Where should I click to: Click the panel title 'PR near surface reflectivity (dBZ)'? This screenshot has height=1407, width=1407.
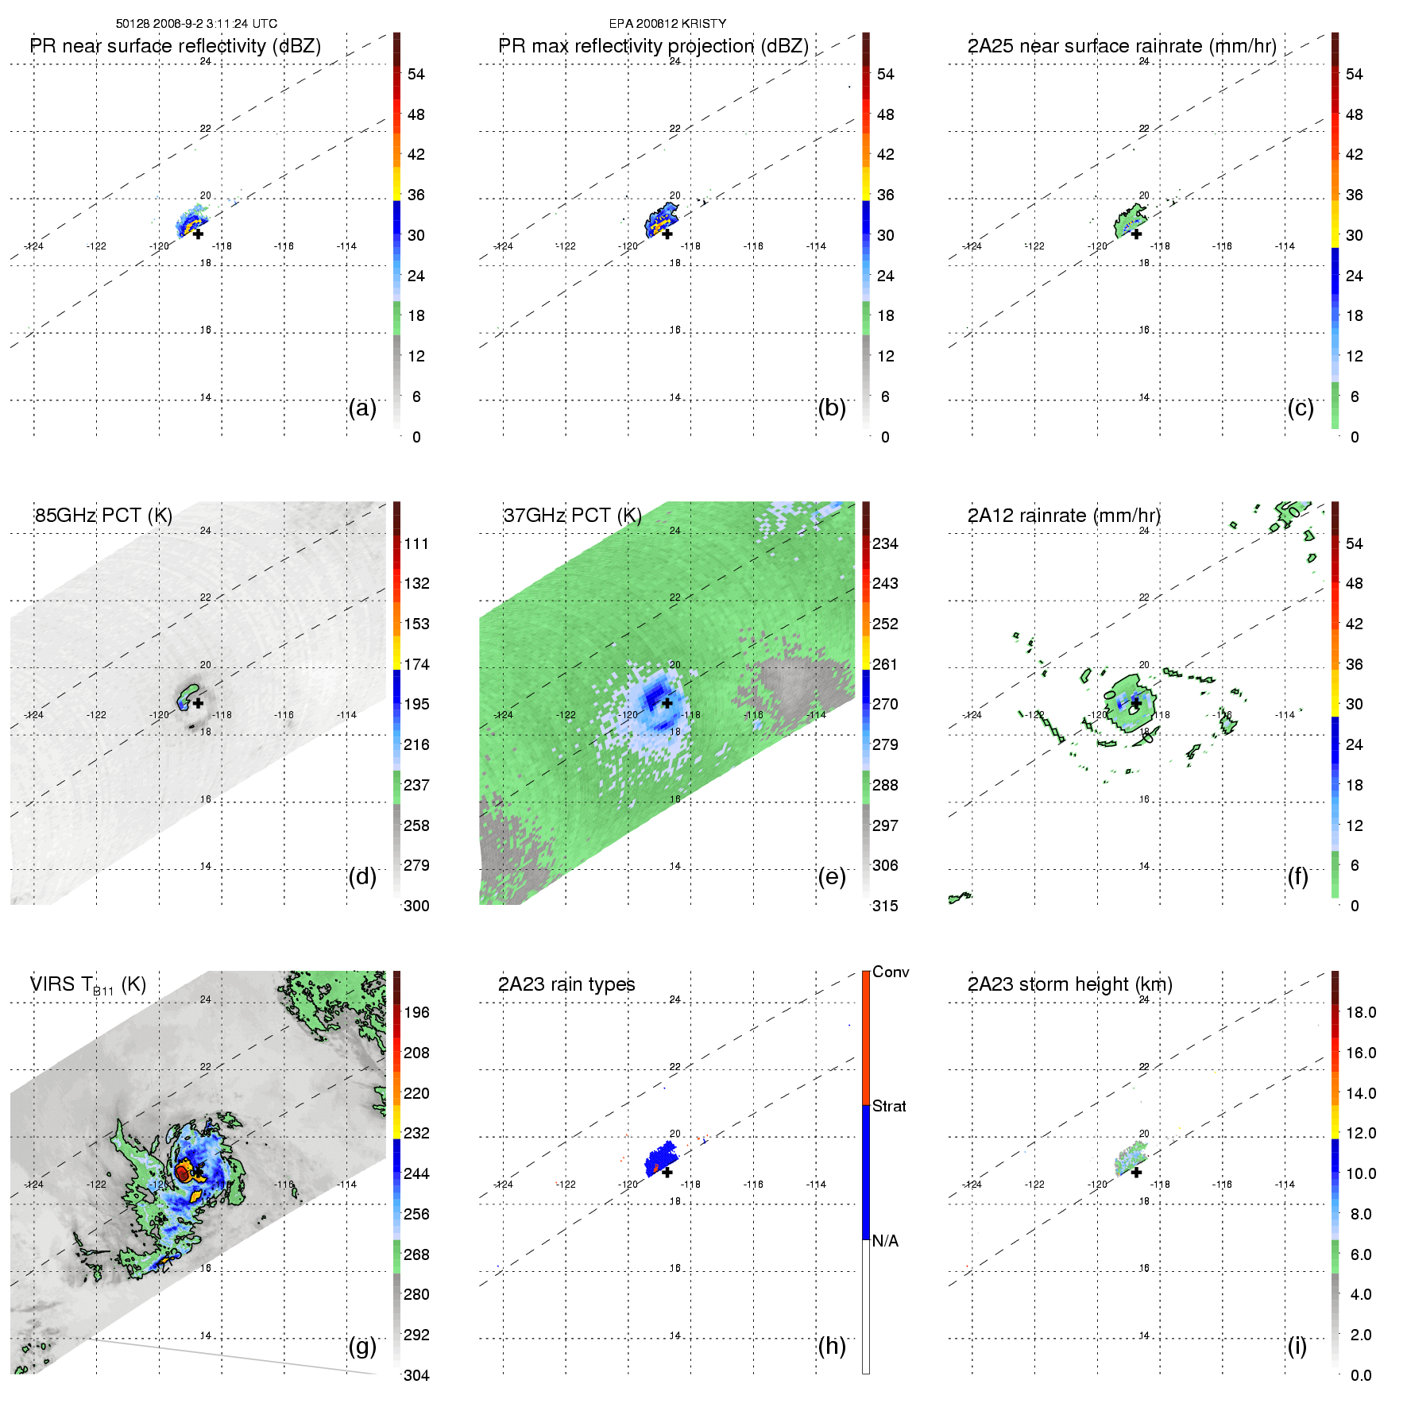pyautogui.click(x=175, y=46)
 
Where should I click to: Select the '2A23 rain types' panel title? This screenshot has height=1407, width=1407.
pyautogui.click(x=566, y=984)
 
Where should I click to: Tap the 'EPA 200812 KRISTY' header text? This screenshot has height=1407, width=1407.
pyautogui.click(x=667, y=24)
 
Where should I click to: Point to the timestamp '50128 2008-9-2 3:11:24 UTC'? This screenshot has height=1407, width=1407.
pyautogui.click(x=196, y=24)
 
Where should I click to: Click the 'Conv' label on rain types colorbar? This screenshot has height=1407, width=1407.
pyautogui.click(x=891, y=972)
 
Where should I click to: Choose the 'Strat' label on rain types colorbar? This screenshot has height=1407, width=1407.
pyautogui.click(x=889, y=1106)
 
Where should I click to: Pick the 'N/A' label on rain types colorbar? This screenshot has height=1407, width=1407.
pyautogui.click(x=885, y=1241)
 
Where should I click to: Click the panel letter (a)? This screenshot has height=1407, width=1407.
pyautogui.click(x=362, y=408)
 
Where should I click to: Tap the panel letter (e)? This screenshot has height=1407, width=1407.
pyautogui.click(x=832, y=877)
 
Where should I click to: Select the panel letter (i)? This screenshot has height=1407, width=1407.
pyautogui.click(x=1297, y=1346)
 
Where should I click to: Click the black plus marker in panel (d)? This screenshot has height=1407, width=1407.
pyautogui.click(x=198, y=703)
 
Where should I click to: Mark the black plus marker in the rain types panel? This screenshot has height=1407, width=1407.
pyautogui.click(x=667, y=1172)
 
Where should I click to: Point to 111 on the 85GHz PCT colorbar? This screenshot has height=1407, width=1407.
pyautogui.click(x=416, y=544)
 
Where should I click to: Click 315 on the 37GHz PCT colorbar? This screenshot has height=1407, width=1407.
pyautogui.click(x=885, y=906)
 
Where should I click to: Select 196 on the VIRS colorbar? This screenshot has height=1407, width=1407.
pyautogui.click(x=416, y=1013)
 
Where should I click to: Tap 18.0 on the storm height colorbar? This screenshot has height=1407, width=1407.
pyautogui.click(x=1360, y=1013)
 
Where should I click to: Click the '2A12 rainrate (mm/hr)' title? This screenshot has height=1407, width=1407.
pyautogui.click(x=1064, y=516)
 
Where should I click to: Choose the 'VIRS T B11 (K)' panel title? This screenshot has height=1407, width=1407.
pyautogui.click(x=87, y=985)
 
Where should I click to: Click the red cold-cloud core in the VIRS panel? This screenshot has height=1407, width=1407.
pyautogui.click(x=182, y=1173)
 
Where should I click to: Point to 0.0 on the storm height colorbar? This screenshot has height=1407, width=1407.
pyautogui.click(x=1360, y=1375)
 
